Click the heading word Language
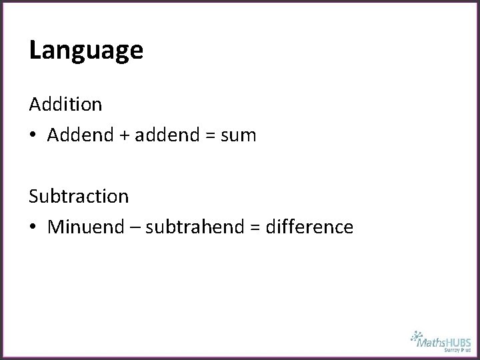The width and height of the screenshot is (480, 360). [x=86, y=51]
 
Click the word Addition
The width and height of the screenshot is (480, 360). [x=65, y=104]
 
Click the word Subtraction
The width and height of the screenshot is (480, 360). [x=79, y=196]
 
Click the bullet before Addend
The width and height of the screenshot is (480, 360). [x=33, y=136]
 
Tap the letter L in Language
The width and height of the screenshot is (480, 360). [x=35, y=49]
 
